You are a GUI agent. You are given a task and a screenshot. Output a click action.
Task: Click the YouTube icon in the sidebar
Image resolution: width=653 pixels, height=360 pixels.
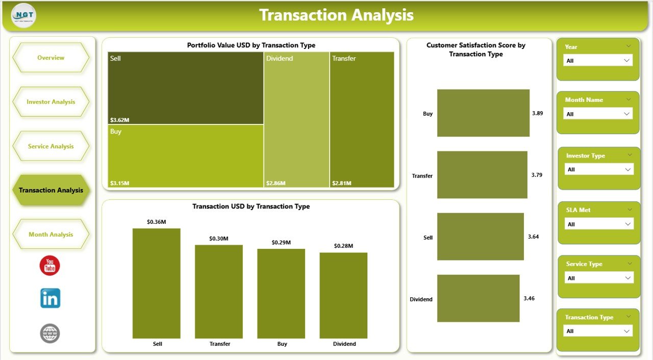(x=49, y=266)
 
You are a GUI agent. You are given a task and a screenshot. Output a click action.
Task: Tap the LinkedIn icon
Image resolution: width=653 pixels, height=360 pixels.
(x=50, y=298)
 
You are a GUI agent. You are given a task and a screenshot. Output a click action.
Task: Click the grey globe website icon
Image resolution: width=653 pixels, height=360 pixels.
(x=50, y=333)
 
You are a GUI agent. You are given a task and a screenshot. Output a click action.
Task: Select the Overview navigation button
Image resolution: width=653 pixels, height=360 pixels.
(x=51, y=58)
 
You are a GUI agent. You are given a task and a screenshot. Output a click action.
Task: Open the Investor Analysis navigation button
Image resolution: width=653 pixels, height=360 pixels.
(x=51, y=102)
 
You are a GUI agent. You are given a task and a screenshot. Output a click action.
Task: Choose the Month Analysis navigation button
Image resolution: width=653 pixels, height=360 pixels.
(x=51, y=235)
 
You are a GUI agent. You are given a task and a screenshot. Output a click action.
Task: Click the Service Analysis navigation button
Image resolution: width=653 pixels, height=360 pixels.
(x=51, y=146)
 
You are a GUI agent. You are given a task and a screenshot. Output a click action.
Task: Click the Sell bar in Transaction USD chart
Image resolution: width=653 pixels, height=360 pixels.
(x=157, y=283)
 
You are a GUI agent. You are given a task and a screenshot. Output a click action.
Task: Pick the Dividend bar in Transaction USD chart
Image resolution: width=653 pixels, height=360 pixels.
(x=343, y=295)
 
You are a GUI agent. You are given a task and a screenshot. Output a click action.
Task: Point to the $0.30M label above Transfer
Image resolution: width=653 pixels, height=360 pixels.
(x=219, y=239)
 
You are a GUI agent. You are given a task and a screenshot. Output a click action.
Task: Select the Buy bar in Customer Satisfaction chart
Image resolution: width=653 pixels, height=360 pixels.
(x=483, y=113)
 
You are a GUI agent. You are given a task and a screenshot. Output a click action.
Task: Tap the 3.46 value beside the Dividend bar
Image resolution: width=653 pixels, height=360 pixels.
(x=529, y=298)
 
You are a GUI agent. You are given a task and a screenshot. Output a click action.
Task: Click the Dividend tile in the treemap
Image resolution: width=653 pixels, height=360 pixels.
(x=296, y=120)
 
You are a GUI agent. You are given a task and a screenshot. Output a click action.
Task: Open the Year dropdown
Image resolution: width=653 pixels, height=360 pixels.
(x=598, y=60)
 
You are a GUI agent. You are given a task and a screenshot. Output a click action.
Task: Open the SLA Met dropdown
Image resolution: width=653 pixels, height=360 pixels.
(x=599, y=224)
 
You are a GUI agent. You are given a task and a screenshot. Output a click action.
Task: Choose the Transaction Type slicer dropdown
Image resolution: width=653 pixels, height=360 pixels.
(x=598, y=331)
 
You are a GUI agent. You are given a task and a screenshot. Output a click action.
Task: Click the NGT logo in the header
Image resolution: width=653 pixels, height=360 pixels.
(x=23, y=16)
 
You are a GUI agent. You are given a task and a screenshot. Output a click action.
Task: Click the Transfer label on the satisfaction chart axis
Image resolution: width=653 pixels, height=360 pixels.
(x=422, y=176)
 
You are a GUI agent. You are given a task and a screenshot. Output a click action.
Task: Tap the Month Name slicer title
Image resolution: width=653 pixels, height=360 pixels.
(x=584, y=100)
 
